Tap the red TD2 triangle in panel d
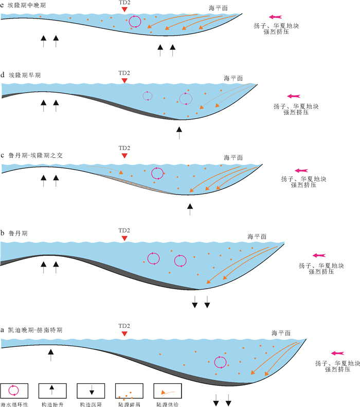(123, 81)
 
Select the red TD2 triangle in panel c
(123, 155)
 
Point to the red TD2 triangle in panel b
(123, 239)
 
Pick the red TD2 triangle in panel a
(123, 334)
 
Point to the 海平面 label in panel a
(280, 333)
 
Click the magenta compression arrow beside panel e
(274, 17)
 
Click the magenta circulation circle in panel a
(220, 362)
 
